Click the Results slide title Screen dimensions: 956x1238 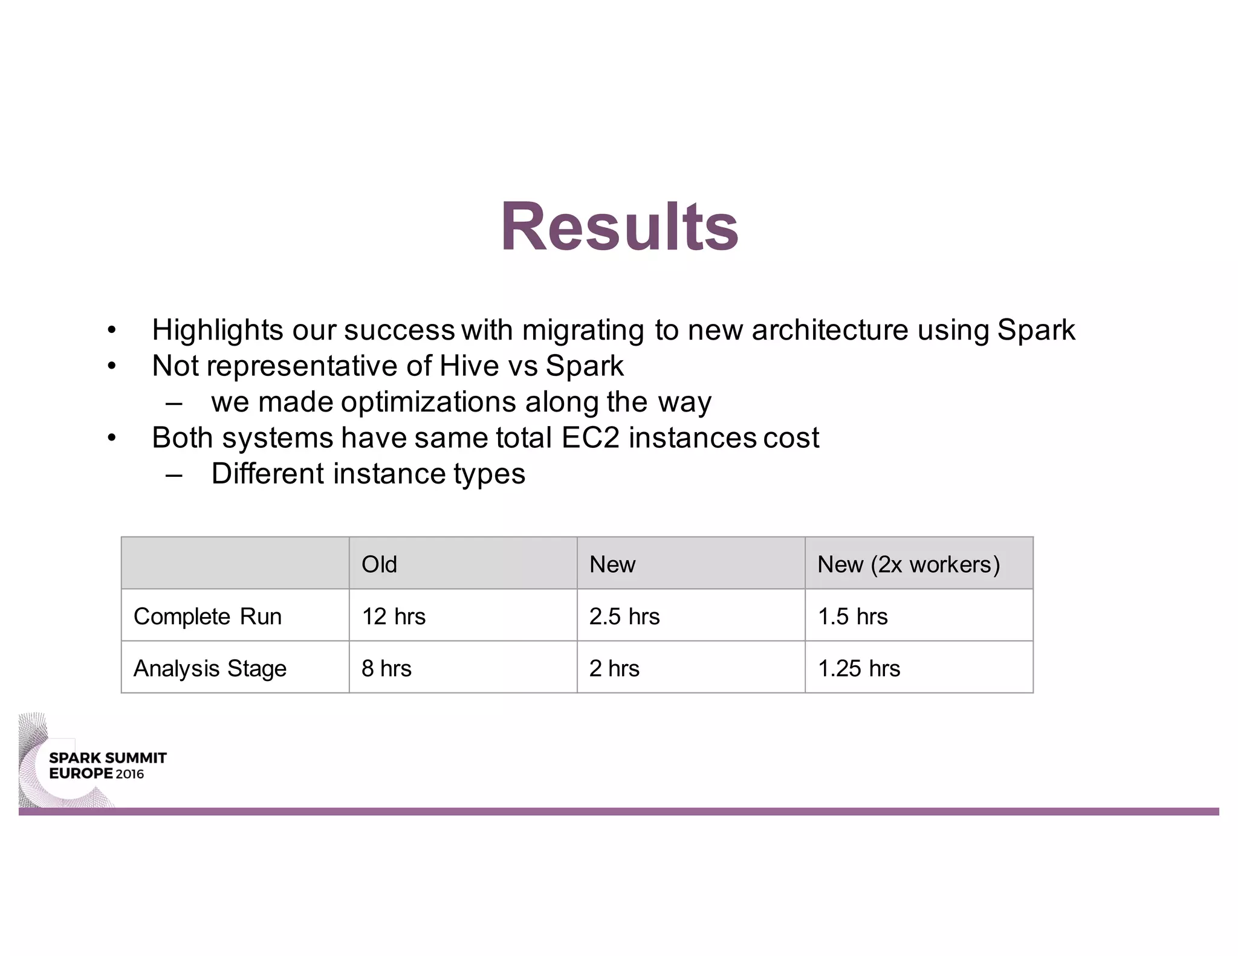[620, 227]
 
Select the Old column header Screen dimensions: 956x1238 [379, 564]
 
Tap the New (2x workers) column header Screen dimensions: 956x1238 [908, 564]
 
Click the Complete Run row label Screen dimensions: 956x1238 [207, 616]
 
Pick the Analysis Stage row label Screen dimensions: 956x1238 [210, 668]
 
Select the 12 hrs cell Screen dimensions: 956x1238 [394, 616]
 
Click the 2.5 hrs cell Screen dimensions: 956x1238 [624, 616]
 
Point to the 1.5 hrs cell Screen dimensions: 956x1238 [852, 616]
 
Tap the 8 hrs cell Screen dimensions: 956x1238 [386, 668]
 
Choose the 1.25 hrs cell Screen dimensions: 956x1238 [858, 668]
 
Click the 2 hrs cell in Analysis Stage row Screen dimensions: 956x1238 [614, 668]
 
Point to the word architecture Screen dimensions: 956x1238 [830, 330]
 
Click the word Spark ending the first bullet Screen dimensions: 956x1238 [1035, 330]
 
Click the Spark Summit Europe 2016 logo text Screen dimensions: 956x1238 [107, 766]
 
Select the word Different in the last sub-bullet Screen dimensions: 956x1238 [268, 473]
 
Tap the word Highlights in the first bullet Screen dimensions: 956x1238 [218, 330]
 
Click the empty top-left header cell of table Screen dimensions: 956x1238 [235, 563]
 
